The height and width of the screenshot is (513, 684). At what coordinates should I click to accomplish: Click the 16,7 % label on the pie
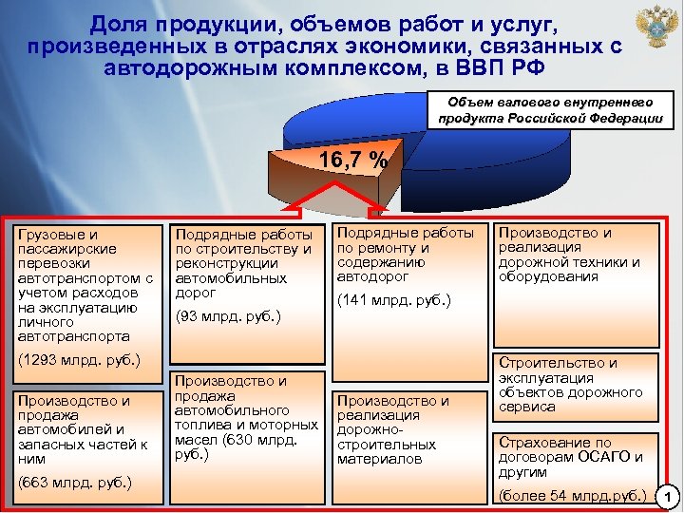click(351, 160)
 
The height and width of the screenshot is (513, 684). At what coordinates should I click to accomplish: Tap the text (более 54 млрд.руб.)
click(574, 495)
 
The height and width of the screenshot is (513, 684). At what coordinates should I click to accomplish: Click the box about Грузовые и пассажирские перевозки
click(84, 285)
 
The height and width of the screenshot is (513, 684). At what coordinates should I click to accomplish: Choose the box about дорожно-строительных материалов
click(405, 430)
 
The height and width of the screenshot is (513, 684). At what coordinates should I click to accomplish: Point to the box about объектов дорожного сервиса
click(576, 385)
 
